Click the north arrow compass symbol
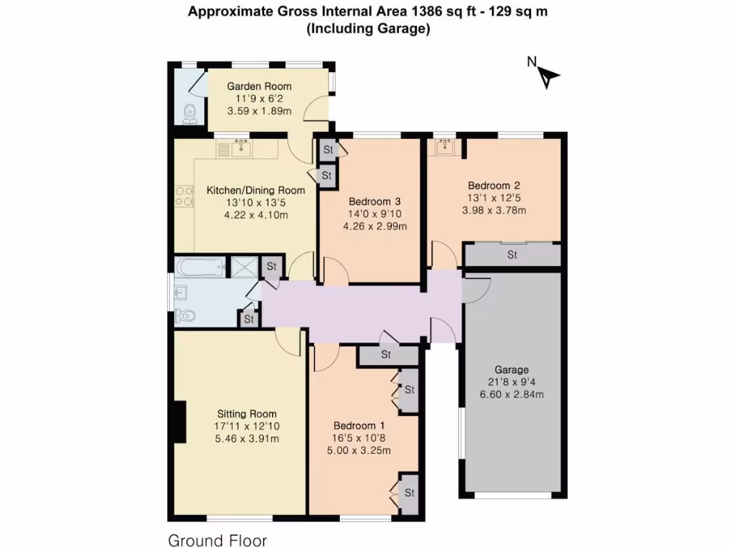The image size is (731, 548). [548, 75]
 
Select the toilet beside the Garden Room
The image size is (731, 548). [188, 113]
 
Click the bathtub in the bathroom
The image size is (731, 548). [201, 268]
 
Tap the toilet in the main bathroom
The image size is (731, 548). [187, 315]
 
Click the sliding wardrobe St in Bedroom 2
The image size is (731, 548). [512, 254]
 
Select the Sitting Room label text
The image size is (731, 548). [247, 414]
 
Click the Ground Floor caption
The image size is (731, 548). [217, 540]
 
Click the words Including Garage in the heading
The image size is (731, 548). [367, 29]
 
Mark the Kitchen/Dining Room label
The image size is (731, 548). [256, 190]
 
